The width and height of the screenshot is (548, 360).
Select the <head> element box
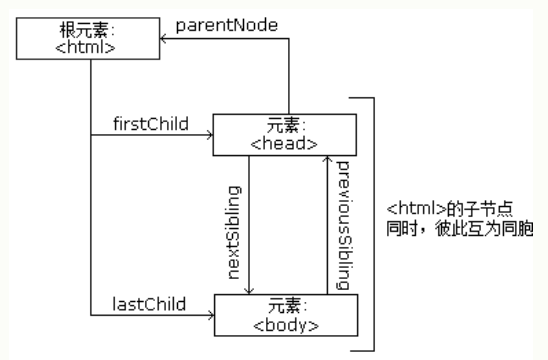pyautogui.click(x=284, y=135)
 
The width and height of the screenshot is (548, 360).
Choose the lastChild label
pyautogui.click(x=139, y=303)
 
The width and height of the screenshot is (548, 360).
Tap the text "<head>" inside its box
pyautogui.click(x=284, y=144)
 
